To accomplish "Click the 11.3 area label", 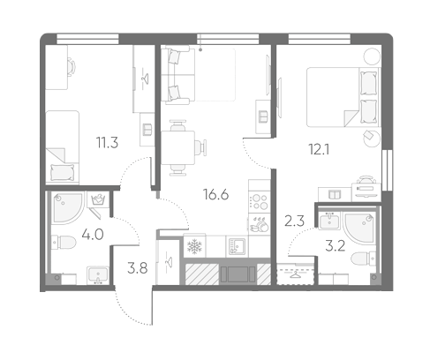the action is pos(107,143).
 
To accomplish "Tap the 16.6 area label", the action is pos(215,194).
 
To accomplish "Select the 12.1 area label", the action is pos(319,150).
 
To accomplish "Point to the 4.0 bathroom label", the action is pos(93,235).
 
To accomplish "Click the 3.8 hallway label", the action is pos(138,268).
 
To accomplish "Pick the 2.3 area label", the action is pos(294,221).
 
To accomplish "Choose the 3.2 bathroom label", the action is pos(336,246).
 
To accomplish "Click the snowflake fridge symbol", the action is pos(194,246).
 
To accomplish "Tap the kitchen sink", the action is pos(237,246).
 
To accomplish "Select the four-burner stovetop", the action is pos(260,201).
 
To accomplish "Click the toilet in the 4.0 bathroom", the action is pos(64,243).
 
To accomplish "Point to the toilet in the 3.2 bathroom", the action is pos(364,259).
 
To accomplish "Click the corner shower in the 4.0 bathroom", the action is pos(68,207).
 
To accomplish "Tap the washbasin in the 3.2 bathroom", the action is pos(329,221).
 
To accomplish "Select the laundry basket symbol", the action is pos(98,199).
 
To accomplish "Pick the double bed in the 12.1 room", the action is pos(343,97).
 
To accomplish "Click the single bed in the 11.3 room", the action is pos(63,146).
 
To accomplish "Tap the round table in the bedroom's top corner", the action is pos(372,56).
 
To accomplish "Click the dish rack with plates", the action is pos(260,224).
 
